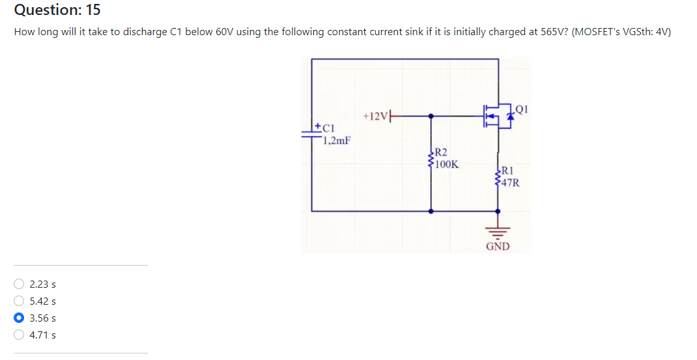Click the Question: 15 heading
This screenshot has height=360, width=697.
57,10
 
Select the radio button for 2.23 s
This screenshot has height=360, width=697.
20,284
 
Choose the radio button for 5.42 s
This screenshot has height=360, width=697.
20,301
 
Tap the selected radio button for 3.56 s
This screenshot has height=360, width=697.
20,318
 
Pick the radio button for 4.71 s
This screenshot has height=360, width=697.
20,335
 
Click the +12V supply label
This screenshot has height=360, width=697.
375,116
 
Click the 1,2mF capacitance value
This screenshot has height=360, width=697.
337,139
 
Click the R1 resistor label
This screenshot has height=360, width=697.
507,171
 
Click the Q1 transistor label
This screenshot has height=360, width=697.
520,109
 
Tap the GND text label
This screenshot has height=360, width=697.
498,247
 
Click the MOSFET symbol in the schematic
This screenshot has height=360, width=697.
496,116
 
